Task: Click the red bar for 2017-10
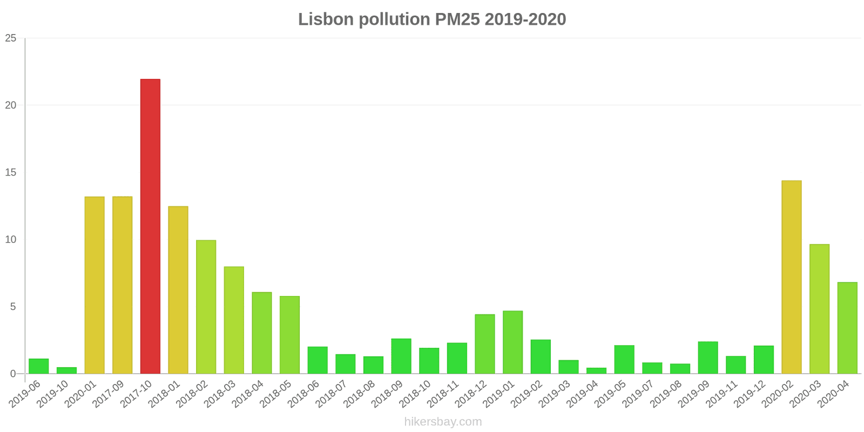[x=150, y=226]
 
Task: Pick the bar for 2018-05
[x=289, y=335]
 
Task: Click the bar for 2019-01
[x=512, y=342]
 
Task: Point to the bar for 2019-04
[x=596, y=370]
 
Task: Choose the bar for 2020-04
[x=847, y=328]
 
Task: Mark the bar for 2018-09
[x=401, y=356]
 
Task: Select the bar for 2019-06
[x=39, y=366]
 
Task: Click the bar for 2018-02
[x=206, y=307]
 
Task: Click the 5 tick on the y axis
[x=13, y=307]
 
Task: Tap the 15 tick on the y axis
[x=11, y=172]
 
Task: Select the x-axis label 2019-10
[x=54, y=395]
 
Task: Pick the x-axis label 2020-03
[x=803, y=395]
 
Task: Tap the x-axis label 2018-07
[x=329, y=395]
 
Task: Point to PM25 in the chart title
[x=456, y=19]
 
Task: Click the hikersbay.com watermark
[x=443, y=422]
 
